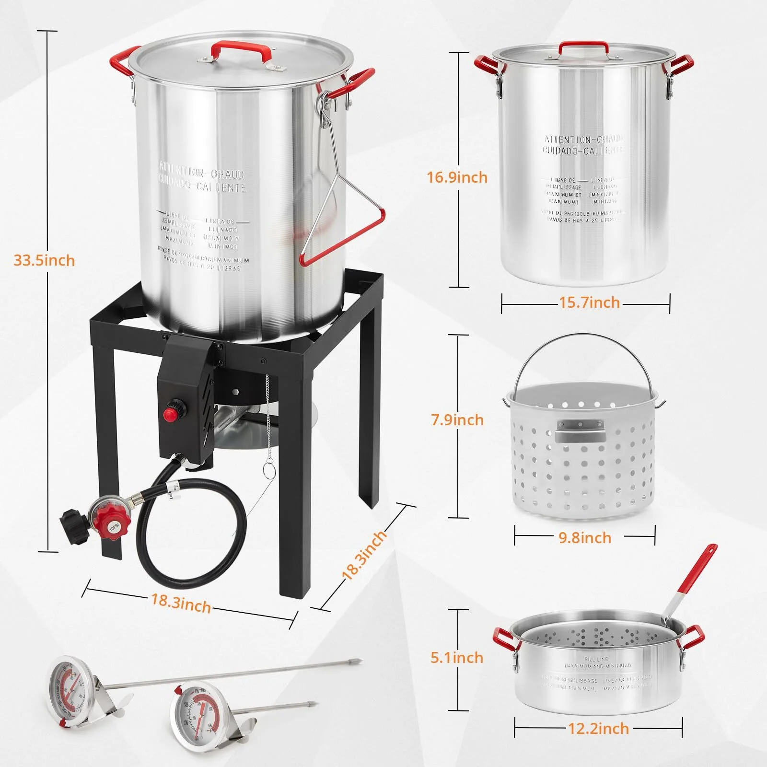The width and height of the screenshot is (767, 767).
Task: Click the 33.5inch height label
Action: (44, 260)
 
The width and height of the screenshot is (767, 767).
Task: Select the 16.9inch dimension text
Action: (457, 177)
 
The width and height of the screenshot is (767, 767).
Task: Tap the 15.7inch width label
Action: (589, 302)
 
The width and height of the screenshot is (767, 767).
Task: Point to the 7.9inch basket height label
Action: (457, 420)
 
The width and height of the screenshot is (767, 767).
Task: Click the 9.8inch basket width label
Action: (585, 537)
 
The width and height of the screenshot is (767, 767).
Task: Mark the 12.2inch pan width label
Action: (598, 729)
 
